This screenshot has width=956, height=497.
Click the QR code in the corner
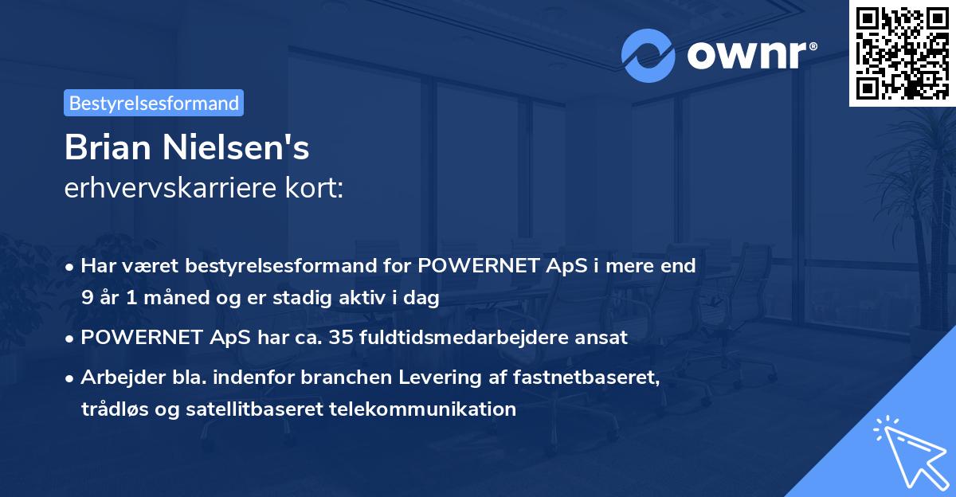tap(902, 53)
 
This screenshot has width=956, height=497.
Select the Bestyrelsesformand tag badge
tap(154, 103)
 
